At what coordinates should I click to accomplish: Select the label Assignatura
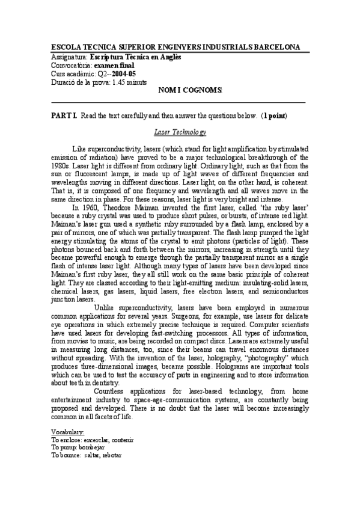click(x=69, y=57)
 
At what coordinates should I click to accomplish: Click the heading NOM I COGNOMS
click(x=190, y=90)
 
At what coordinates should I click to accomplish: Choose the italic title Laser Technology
click(x=180, y=132)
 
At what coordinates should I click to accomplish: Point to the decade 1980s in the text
click(x=61, y=164)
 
